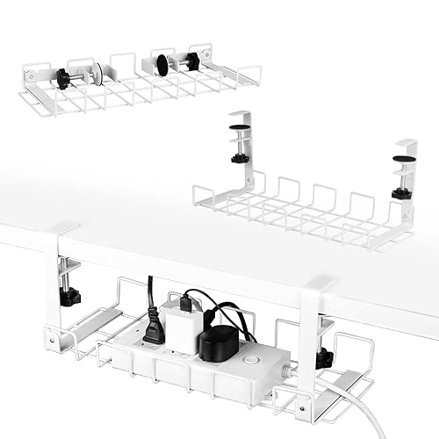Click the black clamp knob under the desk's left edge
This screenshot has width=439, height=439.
69,296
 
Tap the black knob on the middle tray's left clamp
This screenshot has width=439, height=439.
239,159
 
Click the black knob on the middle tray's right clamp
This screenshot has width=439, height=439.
400,191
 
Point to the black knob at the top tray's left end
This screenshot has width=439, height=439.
63,77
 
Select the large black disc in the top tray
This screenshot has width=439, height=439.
164,65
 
